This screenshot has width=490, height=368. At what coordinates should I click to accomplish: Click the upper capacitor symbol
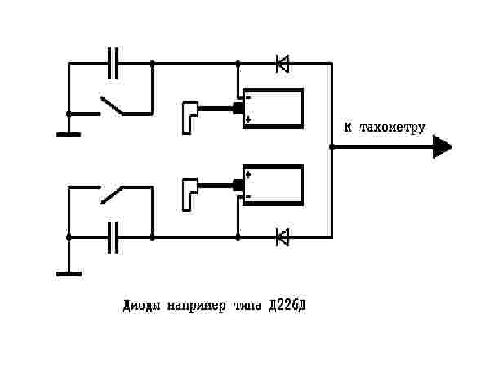[x=114, y=62]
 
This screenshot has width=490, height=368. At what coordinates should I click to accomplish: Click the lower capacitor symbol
[x=114, y=237]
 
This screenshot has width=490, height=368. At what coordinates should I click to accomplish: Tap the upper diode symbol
[x=283, y=62]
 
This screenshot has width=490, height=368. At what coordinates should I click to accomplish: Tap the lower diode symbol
[x=283, y=237]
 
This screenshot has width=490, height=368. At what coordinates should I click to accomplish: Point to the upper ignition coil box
[x=274, y=108]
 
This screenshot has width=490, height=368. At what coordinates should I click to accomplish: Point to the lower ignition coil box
[x=274, y=186]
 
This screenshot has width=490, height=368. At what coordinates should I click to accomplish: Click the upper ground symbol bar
[x=69, y=134]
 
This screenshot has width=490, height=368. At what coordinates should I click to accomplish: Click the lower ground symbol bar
[x=69, y=273]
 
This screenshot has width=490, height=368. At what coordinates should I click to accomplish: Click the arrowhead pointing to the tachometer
[x=442, y=147]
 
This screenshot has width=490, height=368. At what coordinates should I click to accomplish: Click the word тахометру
[x=391, y=128]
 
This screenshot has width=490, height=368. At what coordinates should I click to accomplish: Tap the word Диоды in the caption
[x=142, y=307]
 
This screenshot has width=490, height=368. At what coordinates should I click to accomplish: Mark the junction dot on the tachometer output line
[x=332, y=147]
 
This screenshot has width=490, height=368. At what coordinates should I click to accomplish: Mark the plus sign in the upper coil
[x=247, y=120]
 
